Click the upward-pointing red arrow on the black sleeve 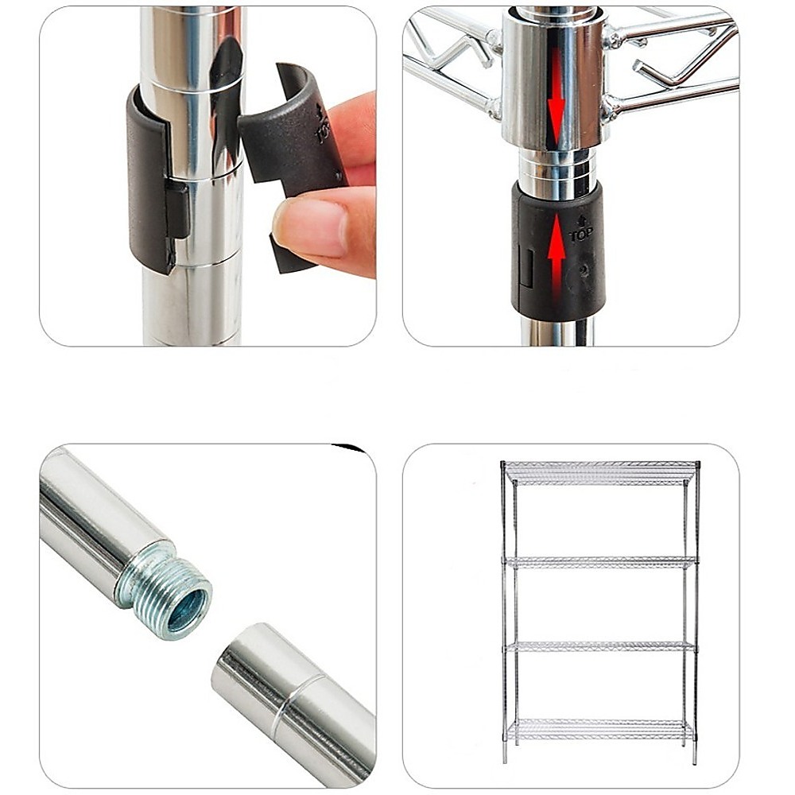556,258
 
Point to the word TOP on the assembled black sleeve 580,235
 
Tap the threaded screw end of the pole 165,588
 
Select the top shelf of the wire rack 601,472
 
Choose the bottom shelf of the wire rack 600,730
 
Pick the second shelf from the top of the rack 600,562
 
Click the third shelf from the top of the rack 600,646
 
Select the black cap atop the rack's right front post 697,464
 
